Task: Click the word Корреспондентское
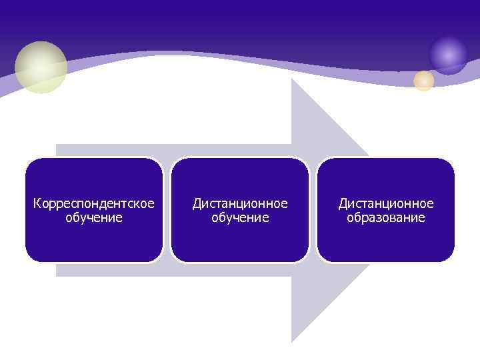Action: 93,203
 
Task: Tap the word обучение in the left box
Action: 93,218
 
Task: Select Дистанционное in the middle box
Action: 240,203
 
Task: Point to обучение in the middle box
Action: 240,218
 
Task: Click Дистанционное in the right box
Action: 386,203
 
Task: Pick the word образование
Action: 386,218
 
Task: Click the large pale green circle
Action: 41,67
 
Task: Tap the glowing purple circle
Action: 448,55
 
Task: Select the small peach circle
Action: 423,81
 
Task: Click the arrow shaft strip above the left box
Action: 107,150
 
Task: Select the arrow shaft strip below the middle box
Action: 240,269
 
